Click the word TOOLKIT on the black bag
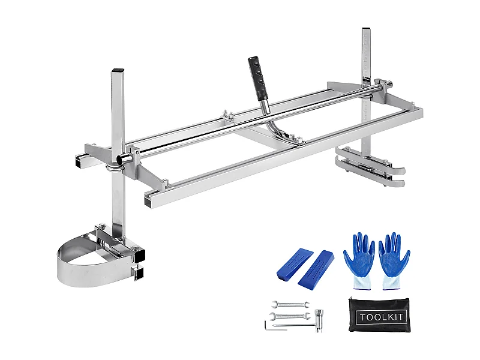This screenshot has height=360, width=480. (381, 317)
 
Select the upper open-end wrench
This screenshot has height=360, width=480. (289, 304)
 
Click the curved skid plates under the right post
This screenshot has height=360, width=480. (369, 171)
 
